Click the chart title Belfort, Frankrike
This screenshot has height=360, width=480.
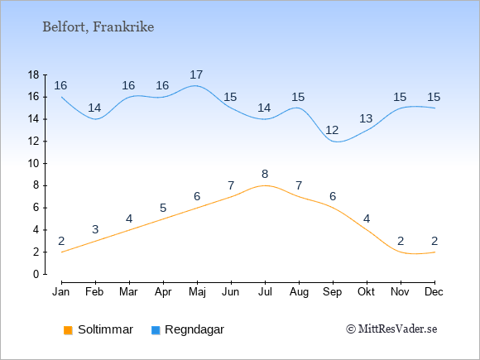[98, 27]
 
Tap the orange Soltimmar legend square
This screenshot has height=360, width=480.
[68, 330]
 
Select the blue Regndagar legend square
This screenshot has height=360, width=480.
[156, 330]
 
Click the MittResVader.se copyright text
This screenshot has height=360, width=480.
[391, 329]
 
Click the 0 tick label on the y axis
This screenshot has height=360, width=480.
[36, 274]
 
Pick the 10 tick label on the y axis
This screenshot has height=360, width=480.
[33, 164]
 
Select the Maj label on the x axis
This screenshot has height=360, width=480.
[197, 292]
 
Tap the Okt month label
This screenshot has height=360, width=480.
[366, 292]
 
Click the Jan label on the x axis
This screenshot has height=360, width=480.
[61, 292]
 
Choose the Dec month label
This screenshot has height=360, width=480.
[434, 292]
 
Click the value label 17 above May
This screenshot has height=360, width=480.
[196, 74]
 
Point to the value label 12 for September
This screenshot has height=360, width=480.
[332, 131]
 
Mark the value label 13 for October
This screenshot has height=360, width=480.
[366, 118]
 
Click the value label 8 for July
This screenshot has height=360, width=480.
[265, 174]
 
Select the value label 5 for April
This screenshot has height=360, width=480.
[163, 209]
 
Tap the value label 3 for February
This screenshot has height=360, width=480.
[95, 229]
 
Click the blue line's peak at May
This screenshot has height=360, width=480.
[196, 86]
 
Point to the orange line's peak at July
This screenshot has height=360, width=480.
[265, 185]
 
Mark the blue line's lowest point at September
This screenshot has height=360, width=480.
[336, 142]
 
